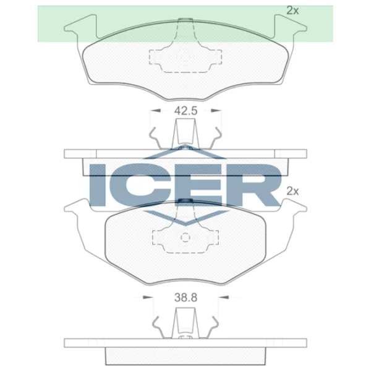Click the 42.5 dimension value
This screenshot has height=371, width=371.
[x=185, y=112]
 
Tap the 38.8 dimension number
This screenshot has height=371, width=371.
[x=185, y=297]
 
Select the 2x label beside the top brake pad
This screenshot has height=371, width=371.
[x=292, y=10]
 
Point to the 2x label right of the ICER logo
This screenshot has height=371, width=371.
[x=292, y=192]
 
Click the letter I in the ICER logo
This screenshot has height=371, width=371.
[x=100, y=185]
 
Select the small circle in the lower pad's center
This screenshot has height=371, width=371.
[x=185, y=237]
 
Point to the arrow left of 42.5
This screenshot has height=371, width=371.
[x=156, y=112]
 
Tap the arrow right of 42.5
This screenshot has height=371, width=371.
[x=216, y=112]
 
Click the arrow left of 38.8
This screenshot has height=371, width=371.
[x=148, y=297]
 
